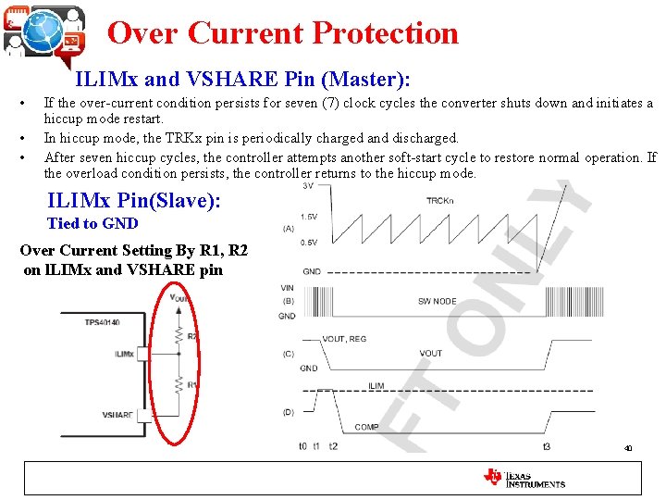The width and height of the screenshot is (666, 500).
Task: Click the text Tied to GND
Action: pyautogui.click(x=92, y=223)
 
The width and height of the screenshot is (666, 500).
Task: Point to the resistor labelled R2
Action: pyautogui.click(x=178, y=336)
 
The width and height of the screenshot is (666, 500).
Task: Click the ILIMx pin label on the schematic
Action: pyautogui.click(x=124, y=354)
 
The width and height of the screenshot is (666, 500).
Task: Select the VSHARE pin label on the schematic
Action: pyautogui.click(x=119, y=415)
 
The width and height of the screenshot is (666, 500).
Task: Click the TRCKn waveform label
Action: pyautogui.click(x=440, y=200)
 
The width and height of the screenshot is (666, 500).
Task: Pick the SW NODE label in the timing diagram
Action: pyautogui.click(x=438, y=302)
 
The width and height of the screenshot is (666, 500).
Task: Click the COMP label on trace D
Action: pyautogui.click(x=366, y=427)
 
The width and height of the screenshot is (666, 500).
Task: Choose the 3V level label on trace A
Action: pyautogui.click(x=308, y=186)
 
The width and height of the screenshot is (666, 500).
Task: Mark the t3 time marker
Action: pyautogui.click(x=547, y=446)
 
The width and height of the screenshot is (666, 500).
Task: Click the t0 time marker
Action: pyautogui.click(x=302, y=446)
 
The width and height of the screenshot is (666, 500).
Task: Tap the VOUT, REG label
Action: pyautogui.click(x=344, y=339)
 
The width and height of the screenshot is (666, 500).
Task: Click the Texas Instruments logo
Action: pyautogui.click(x=524, y=478)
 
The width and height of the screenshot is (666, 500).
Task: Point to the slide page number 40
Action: pyautogui.click(x=628, y=449)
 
